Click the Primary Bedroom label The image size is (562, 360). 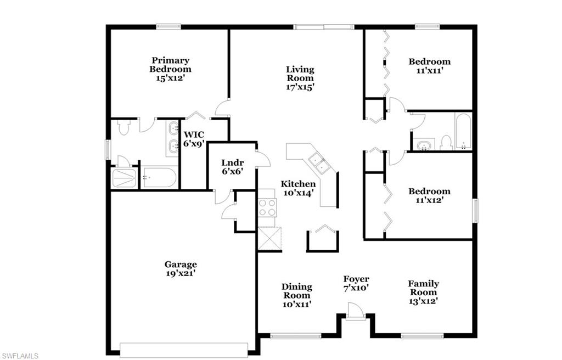(171, 65)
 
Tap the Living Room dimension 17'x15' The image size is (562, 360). (300, 87)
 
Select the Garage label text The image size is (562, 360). (181, 265)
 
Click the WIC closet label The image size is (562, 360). (194, 134)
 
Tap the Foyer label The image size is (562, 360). (356, 279)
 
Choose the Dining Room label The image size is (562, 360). (297, 291)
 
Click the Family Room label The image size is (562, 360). (423, 288)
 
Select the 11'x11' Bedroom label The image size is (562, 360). (429, 61)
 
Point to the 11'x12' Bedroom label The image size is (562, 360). (429, 192)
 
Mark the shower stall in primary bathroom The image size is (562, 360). (125, 178)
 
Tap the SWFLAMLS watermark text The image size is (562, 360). (20, 356)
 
